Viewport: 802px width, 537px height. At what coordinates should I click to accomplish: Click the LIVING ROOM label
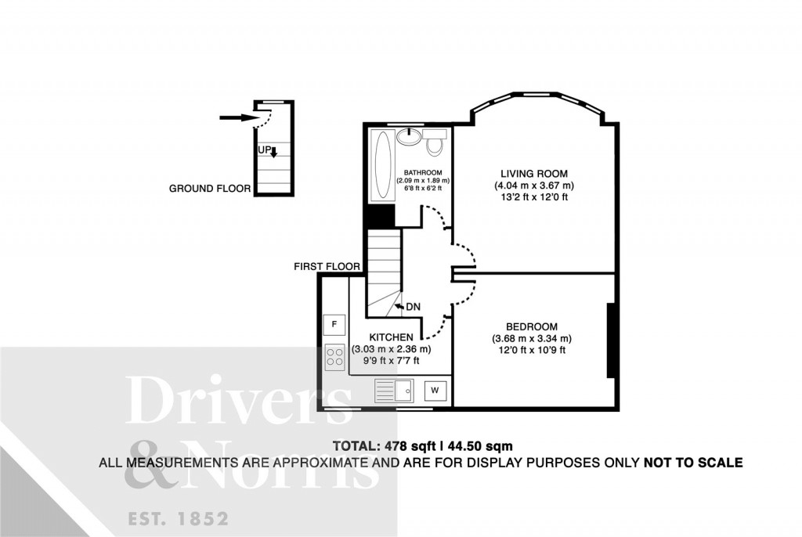point(534,174)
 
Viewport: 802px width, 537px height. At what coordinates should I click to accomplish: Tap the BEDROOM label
point(532,326)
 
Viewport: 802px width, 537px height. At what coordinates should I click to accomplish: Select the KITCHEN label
point(392,337)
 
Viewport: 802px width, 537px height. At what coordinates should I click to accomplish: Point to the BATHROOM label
point(423,173)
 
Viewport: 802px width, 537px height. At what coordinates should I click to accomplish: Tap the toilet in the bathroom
point(435,142)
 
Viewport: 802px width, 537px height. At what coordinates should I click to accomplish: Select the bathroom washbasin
point(409,136)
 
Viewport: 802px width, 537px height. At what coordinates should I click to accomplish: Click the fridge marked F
point(334,324)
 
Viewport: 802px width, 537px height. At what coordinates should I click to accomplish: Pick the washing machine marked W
point(435,391)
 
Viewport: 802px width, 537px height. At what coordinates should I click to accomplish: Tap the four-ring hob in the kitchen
point(334,357)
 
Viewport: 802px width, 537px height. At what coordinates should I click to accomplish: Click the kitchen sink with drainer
point(394,391)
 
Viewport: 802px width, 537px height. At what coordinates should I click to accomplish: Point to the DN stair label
point(413,307)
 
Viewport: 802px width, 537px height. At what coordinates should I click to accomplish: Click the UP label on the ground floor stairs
point(265,150)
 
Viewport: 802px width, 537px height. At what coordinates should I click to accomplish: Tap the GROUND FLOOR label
point(210,189)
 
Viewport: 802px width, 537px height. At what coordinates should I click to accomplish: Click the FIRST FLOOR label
point(327,266)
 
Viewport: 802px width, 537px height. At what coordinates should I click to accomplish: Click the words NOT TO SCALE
point(693,463)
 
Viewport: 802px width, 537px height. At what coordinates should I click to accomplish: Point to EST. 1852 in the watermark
point(178,519)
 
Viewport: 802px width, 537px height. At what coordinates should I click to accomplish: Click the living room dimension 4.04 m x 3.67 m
point(534,186)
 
